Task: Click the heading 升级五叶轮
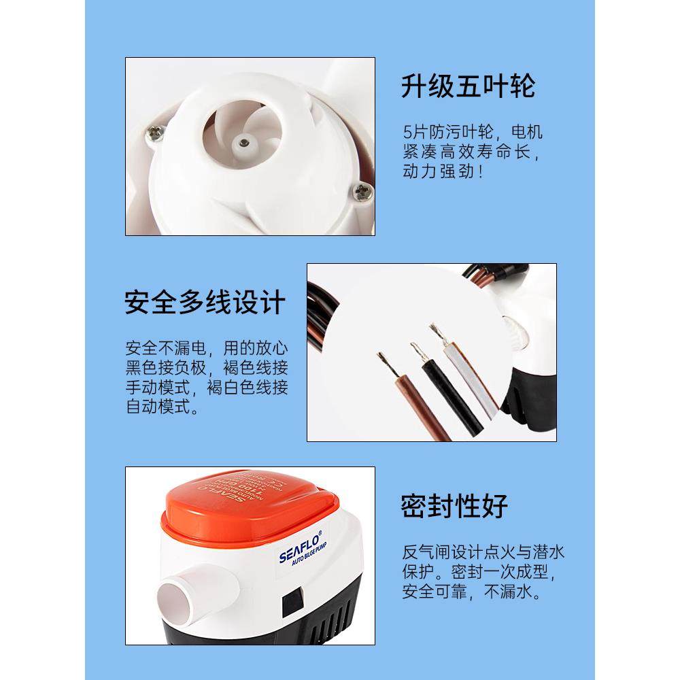[468, 86]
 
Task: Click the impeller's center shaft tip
[242, 142]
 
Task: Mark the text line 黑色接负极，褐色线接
[207, 369]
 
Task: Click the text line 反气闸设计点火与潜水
[483, 551]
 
